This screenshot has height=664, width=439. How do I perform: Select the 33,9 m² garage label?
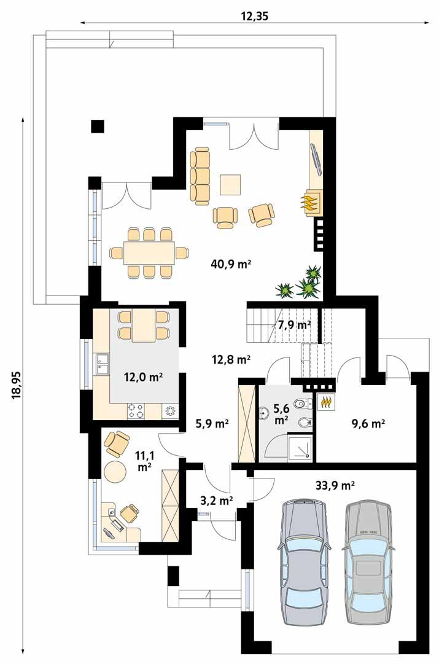point(334,486)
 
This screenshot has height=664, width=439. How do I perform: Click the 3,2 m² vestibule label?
point(217,501)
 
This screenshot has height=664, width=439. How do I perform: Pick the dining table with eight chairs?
point(148,252)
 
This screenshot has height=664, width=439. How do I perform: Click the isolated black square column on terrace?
point(97,125)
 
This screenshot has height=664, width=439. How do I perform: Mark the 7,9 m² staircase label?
point(294,325)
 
